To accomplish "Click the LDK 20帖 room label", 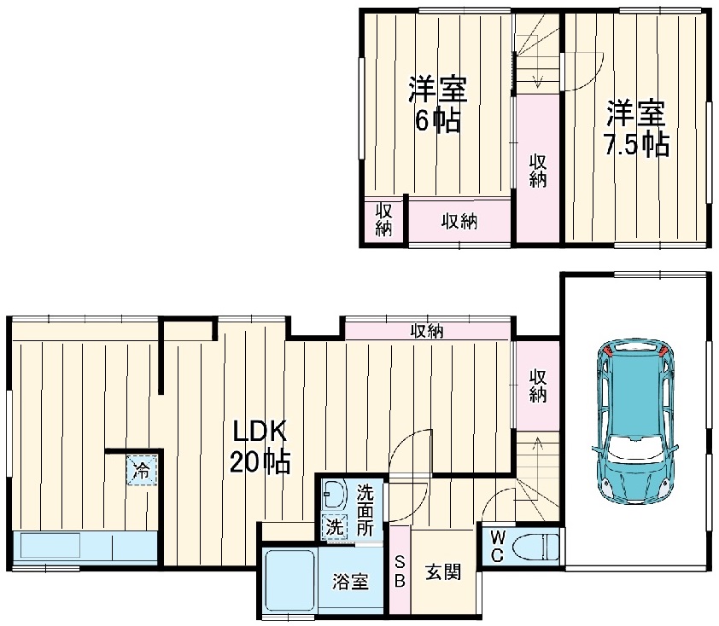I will (x=260, y=446).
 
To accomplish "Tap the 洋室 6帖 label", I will (x=437, y=104).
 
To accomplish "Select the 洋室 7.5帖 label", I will (x=636, y=128).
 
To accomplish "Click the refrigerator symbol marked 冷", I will (x=142, y=469).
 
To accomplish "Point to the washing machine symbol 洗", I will (x=334, y=527).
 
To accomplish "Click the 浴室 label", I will (x=350, y=582).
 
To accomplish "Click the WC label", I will (x=496, y=545).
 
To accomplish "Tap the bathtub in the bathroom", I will (x=289, y=578).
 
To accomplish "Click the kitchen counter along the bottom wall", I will (x=85, y=547).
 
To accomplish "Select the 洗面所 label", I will (x=365, y=510).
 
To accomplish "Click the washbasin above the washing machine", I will (x=333, y=495).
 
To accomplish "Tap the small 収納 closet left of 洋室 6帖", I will (x=383, y=220).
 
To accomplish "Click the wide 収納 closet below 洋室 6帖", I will (x=459, y=221).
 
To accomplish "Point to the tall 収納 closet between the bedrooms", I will (x=537, y=171).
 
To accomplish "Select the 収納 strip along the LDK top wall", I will (x=426, y=330).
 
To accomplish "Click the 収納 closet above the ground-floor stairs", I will (x=537, y=385).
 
